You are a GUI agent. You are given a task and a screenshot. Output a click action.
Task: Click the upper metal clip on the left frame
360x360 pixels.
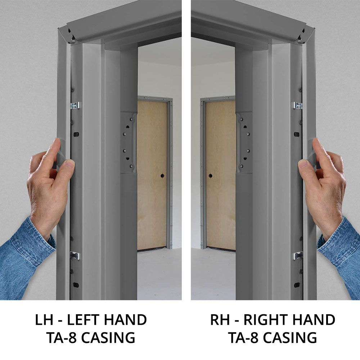coord(76,105)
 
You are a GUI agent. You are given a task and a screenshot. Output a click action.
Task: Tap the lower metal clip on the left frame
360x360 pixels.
coord(75,256)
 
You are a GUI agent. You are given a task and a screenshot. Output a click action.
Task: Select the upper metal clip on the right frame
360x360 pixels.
coord(298,105)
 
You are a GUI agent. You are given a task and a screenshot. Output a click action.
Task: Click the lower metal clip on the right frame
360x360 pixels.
coord(298,256)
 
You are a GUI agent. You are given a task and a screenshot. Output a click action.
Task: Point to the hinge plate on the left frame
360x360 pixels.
coord(128,143)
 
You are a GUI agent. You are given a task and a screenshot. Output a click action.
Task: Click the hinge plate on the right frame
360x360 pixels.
coord(244,143)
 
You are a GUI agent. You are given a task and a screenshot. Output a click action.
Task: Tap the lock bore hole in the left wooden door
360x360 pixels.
coord(162,176)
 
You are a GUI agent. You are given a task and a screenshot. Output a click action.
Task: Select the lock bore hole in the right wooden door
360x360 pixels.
coord(210,176)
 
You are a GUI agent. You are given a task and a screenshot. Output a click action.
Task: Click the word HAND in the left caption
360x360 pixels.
coord(126,320)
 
